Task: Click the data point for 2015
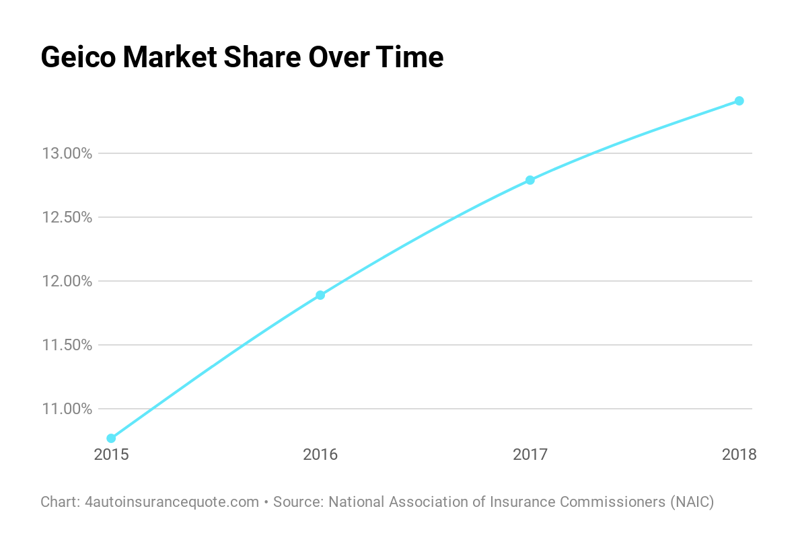111,438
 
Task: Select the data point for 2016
320,295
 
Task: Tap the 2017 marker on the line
530,180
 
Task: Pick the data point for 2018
739,101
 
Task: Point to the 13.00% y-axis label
67,153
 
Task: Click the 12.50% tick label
67,217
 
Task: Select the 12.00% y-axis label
67,281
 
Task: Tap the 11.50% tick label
67,345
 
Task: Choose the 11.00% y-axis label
67,409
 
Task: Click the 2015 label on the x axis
111,455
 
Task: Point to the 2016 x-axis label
320,455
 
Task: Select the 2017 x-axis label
530,455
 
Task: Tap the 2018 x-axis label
739,455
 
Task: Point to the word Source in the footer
296,502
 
